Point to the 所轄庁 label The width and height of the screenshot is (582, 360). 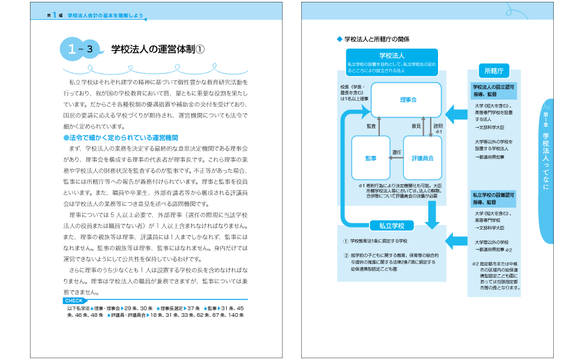coord(493,71)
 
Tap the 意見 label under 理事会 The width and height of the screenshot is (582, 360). coord(415,127)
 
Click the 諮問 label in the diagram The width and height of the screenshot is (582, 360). coord(438,127)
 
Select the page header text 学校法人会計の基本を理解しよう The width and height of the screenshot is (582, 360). coord(105,15)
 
